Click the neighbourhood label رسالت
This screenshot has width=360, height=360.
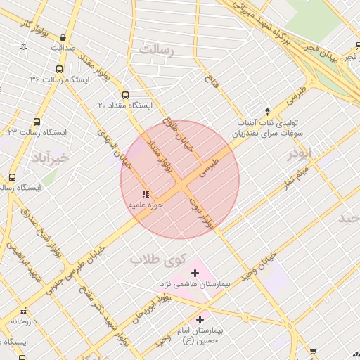pyautogui.click(x=156, y=50)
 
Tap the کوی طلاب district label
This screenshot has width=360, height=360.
pyautogui.click(x=157, y=259)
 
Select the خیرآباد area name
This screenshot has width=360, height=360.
pyautogui.click(x=50, y=158)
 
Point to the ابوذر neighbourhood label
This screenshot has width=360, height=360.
pyautogui.click(x=302, y=154)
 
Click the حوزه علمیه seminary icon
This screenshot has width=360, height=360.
pyautogui.click(x=146, y=193)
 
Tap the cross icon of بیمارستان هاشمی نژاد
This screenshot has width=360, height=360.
pyautogui.click(x=195, y=273)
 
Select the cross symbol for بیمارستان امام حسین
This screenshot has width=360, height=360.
pyautogui.click(x=200, y=319)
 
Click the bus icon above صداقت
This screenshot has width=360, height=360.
pyautogui.click(x=63, y=38)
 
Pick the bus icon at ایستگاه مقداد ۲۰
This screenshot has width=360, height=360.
pyautogui.click(x=125, y=95)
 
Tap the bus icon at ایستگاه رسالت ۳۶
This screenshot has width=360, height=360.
pyautogui.click(x=58, y=70)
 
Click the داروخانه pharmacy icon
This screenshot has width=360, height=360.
pyautogui.click(x=23, y=310)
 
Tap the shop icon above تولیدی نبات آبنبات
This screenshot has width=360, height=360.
pyautogui.click(x=266, y=111)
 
